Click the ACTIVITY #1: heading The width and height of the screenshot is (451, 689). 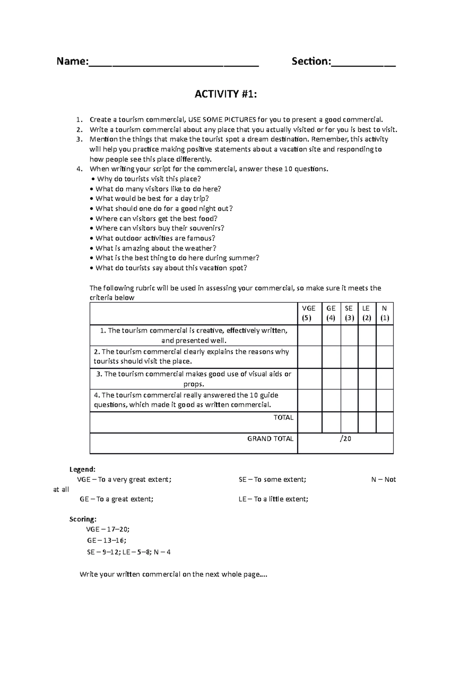pyautogui.click(x=225, y=94)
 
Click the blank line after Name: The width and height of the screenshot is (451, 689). pyautogui.click(x=173, y=64)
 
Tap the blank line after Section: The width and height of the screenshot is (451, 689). pyautogui.click(x=363, y=64)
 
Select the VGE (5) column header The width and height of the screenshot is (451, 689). pyautogui.click(x=309, y=313)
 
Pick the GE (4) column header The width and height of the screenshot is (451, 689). pyautogui.click(x=331, y=313)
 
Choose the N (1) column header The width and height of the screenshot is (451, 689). pyautogui.click(x=384, y=313)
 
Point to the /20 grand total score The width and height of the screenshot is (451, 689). pyautogui.click(x=345, y=438)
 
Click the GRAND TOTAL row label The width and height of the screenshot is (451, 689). pyautogui.click(x=270, y=438)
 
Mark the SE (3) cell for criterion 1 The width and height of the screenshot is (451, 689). pyautogui.click(x=349, y=335)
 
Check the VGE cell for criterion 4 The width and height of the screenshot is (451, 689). pyautogui.click(x=309, y=400)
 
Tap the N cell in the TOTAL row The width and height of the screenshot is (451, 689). pyautogui.click(x=384, y=422)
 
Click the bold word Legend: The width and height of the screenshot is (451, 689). pyautogui.click(x=82, y=469)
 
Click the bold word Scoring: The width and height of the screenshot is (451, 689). pyautogui.click(x=83, y=519)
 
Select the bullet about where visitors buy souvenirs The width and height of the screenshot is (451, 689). pyautogui.click(x=157, y=228)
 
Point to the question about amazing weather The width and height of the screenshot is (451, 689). pyautogui.click(x=153, y=248)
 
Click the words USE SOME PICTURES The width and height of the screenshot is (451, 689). pyautogui.click(x=222, y=119)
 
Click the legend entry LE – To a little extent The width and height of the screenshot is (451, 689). pyautogui.click(x=273, y=499)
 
